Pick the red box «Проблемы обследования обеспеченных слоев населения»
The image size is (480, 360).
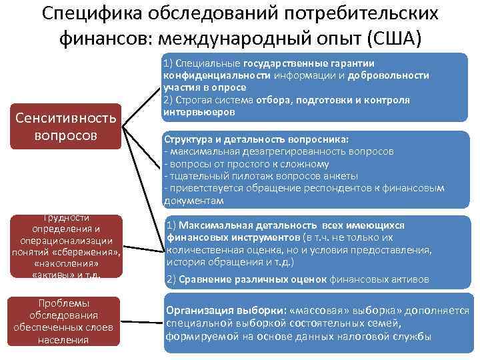pyautogui.click(x=64, y=321)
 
